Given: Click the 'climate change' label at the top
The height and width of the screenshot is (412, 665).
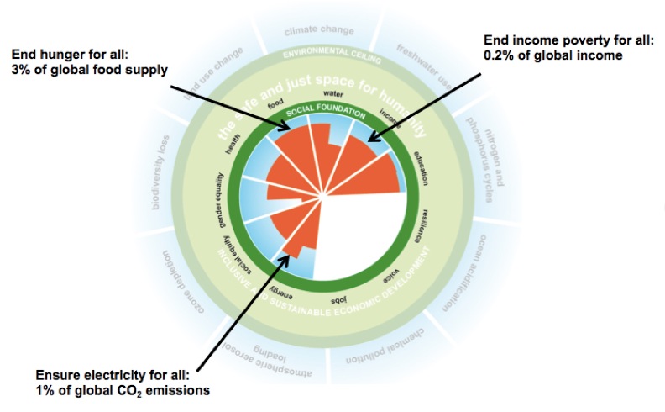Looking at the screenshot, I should pyautogui.click(x=320, y=30).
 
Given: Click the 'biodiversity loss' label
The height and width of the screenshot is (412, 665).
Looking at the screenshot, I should pyautogui.click(x=161, y=182).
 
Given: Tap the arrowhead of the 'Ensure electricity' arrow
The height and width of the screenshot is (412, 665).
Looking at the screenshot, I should pyautogui.click(x=287, y=252).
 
